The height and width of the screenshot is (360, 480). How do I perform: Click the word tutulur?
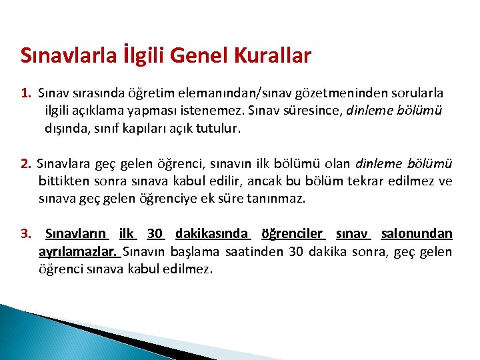pyautogui.click(x=217, y=128)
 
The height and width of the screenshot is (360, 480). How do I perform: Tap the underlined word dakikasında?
pyautogui.click(x=212, y=233)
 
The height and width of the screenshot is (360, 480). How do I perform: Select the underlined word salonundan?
pyautogui.click(x=417, y=233)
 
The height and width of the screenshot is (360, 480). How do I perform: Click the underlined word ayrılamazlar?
pyautogui.click(x=78, y=251)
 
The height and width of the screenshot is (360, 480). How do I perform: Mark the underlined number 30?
pyautogui.click(x=155, y=233)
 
